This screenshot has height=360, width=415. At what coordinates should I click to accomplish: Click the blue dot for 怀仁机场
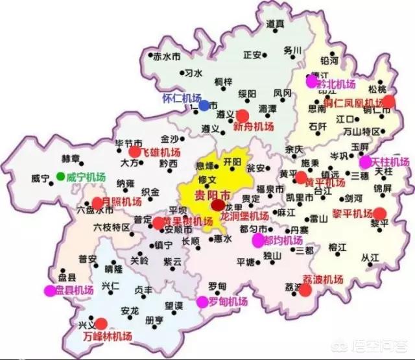204,105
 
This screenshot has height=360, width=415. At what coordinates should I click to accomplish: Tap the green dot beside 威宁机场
60,176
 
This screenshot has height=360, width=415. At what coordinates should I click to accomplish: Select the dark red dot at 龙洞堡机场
217,206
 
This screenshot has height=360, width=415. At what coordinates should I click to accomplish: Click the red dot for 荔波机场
305,290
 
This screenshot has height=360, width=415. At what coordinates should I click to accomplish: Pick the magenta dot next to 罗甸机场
202,302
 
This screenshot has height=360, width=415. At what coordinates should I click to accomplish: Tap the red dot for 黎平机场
379,213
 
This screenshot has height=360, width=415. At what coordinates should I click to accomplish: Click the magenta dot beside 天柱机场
366,161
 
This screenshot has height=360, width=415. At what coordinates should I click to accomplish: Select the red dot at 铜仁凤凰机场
389,101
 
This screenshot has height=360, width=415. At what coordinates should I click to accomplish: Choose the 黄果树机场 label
188,222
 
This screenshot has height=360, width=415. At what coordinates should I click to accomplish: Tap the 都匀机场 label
283,240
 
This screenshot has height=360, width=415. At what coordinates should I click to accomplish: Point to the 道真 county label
275,23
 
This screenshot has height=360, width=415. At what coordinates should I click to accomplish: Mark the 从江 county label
370,258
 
